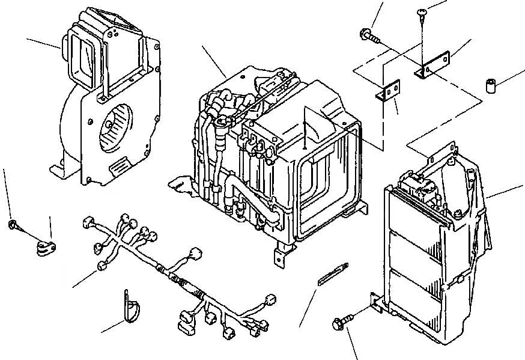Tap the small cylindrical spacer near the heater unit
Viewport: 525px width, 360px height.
(491, 86)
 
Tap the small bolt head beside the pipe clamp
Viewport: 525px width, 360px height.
(13, 225)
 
